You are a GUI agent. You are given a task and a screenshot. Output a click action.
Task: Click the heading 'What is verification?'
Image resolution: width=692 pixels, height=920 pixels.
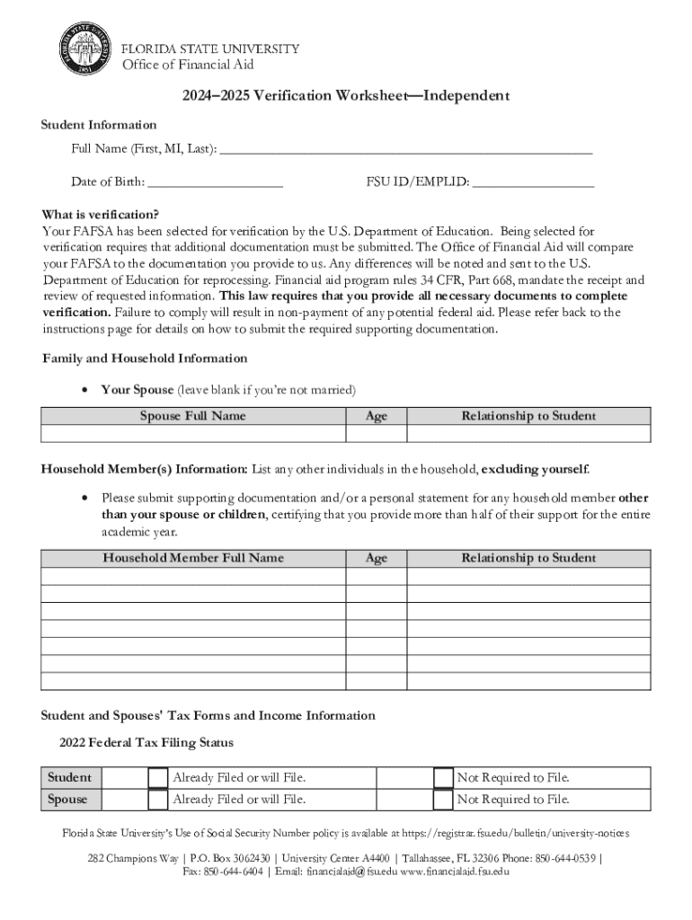pyautogui.click(x=101, y=215)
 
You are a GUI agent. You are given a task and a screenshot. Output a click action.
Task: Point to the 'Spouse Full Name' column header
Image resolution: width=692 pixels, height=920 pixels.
pyautogui.click(x=192, y=416)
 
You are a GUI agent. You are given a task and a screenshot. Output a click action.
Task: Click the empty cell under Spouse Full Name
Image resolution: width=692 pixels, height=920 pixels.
pyautogui.click(x=192, y=433)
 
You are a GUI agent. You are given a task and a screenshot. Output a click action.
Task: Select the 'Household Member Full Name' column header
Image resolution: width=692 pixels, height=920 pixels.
pyautogui.click(x=192, y=558)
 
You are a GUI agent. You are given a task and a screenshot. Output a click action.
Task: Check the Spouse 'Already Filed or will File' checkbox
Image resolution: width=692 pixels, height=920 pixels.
pyautogui.click(x=157, y=800)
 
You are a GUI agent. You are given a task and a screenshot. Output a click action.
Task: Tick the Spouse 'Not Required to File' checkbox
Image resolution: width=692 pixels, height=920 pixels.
pyautogui.click(x=443, y=800)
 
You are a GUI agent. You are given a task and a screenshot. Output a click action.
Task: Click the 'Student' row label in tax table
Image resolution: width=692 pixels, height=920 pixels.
pyautogui.click(x=69, y=777)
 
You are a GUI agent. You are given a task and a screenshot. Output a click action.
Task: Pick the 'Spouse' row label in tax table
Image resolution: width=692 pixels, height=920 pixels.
pyautogui.click(x=68, y=800)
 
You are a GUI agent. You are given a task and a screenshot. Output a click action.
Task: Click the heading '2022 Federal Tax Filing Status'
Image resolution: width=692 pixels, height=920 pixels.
pyautogui.click(x=146, y=743)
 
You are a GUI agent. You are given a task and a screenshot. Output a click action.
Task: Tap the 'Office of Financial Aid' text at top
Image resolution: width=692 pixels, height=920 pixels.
pyautogui.click(x=187, y=64)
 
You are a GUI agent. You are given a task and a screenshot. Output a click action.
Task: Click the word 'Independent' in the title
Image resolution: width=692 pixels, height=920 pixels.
pyautogui.click(x=460, y=96)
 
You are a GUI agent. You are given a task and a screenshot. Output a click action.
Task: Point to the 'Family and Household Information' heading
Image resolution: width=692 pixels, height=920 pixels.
pyautogui.click(x=145, y=358)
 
